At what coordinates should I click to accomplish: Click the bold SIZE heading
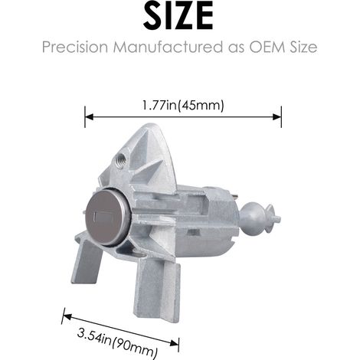(x=178, y=17)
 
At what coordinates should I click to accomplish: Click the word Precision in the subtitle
(x=75, y=47)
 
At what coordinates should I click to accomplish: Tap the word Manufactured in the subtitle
(x=169, y=47)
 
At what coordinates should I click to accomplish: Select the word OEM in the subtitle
(x=267, y=47)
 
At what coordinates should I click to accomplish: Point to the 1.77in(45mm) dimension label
(x=183, y=106)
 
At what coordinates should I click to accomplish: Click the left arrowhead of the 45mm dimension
(x=89, y=117)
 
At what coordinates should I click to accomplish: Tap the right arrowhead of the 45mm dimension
(x=277, y=117)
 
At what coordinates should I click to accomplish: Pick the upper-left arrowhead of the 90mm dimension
(x=67, y=316)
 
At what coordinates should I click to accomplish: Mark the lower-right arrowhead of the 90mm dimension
(x=175, y=342)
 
